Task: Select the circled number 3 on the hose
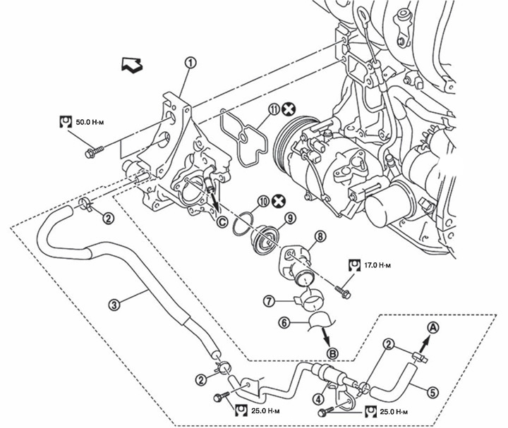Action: (114, 305)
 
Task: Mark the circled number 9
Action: (289, 218)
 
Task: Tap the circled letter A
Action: (433, 326)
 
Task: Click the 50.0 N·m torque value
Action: (90, 122)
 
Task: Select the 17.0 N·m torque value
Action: (378, 264)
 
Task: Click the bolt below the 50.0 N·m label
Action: (93, 151)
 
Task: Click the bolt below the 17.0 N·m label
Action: (344, 291)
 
